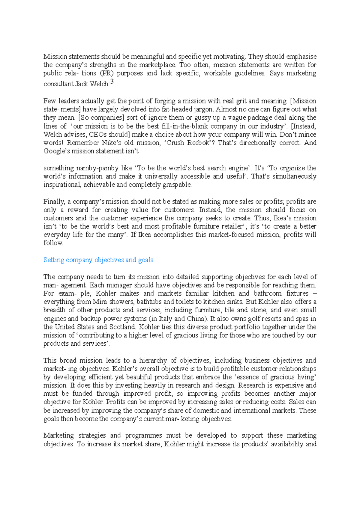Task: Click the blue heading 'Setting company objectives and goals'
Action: (x=98, y=260)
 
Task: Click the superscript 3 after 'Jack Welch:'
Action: (x=112, y=82)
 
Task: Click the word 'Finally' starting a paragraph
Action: (x=54, y=201)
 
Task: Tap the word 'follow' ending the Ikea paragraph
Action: (x=53, y=243)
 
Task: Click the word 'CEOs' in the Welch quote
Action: (x=97, y=134)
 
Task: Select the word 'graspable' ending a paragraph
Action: (x=177, y=185)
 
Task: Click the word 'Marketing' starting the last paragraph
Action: (x=58, y=435)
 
